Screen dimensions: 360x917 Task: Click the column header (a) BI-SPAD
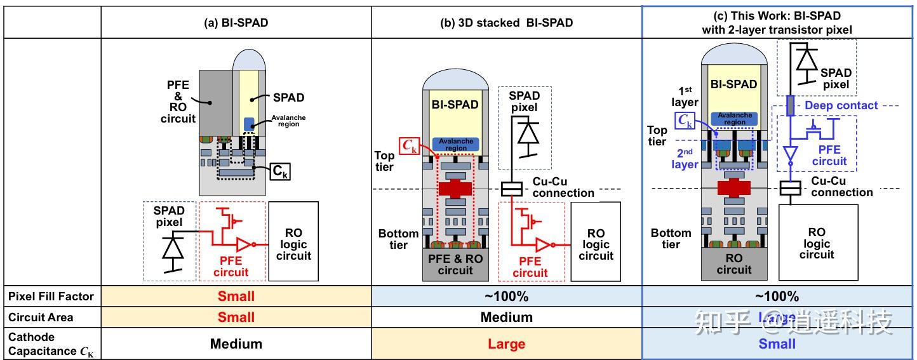pos(236,23)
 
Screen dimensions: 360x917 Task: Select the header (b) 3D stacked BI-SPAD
pos(506,23)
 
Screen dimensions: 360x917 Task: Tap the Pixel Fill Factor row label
pos(51,296)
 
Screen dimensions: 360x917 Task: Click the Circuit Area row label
pos(41,317)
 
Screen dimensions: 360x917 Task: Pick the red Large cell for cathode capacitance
pos(506,344)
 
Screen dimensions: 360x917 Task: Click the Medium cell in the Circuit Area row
pos(506,317)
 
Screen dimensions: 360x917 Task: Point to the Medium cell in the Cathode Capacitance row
pos(236,344)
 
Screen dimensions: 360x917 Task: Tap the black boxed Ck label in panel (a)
pos(279,171)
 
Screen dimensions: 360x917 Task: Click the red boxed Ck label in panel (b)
pos(408,146)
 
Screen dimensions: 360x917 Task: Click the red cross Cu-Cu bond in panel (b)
pos(455,189)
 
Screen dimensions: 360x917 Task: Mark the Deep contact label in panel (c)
pos(841,105)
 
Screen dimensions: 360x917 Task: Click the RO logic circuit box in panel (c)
pos(817,244)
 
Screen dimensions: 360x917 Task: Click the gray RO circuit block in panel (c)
pos(733,264)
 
